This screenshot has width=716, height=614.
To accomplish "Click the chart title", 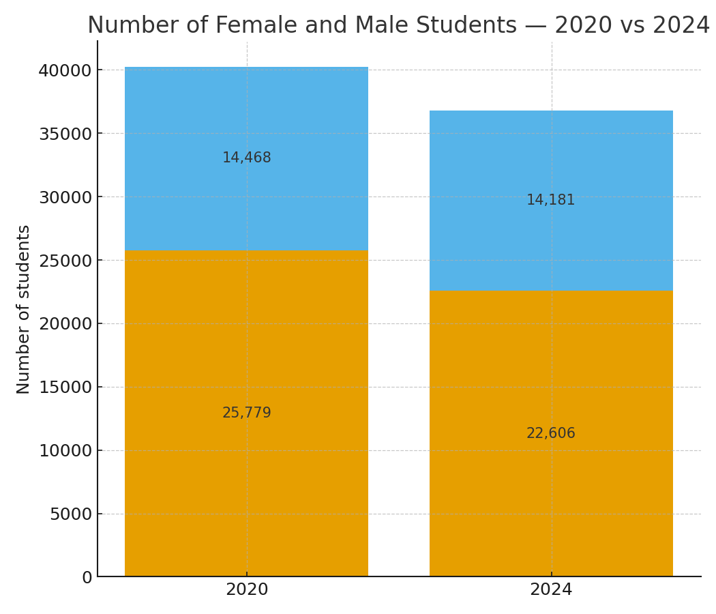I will tap(398, 26).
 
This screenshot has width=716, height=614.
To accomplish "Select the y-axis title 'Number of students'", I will tap(24, 309).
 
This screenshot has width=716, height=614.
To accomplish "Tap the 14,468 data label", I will tap(247, 158).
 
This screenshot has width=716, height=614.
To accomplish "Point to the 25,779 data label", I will tap(247, 413).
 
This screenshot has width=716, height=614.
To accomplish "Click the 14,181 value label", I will tap(551, 201).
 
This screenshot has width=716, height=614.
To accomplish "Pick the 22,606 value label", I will tap(551, 434).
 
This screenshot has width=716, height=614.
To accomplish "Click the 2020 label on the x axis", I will tap(247, 590).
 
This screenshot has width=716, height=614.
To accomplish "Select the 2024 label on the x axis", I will tap(551, 590).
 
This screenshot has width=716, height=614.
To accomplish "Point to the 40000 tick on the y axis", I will tap(65, 70).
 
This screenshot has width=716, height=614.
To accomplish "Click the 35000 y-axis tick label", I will tap(65, 134).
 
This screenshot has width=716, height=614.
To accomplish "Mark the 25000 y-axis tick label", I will tap(65, 261).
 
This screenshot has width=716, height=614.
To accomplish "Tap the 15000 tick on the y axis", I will tap(65, 388).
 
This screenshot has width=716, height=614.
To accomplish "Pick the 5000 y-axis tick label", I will tap(70, 514).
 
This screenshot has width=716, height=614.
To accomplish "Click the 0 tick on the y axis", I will tap(87, 578).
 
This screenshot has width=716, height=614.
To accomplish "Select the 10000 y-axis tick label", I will tap(65, 451).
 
